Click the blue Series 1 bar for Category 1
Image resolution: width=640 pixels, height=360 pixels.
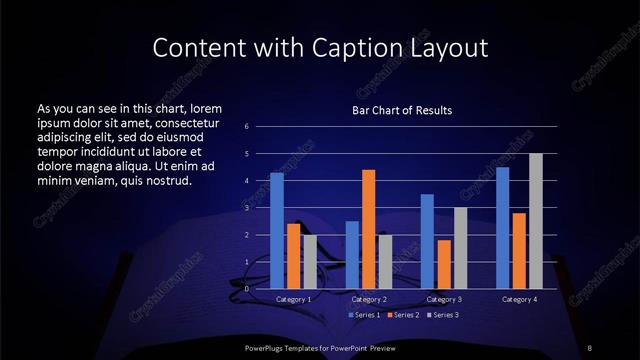pyautogui.click(x=276, y=230)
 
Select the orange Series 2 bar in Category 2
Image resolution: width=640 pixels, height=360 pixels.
pyautogui.click(x=368, y=228)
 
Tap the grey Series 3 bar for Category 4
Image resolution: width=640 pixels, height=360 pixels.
pyautogui.click(x=535, y=220)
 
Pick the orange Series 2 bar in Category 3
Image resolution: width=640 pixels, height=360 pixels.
pyautogui.click(x=444, y=264)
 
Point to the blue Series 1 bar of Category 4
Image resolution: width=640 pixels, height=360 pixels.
pyautogui.click(x=503, y=227)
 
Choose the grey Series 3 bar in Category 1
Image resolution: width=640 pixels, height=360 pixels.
pyautogui.click(x=310, y=261)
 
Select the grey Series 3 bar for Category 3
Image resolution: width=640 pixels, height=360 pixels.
pyautogui.click(x=460, y=247)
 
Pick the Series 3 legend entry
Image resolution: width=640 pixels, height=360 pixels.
pyautogui.click(x=442, y=315)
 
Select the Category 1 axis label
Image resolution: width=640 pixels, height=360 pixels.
pyautogui.click(x=293, y=299)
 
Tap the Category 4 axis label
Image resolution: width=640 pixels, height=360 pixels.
pyautogui.click(x=519, y=299)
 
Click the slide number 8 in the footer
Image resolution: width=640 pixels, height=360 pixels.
pyautogui.click(x=590, y=346)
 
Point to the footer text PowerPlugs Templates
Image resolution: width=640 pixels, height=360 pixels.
pyautogui.click(x=290, y=346)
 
